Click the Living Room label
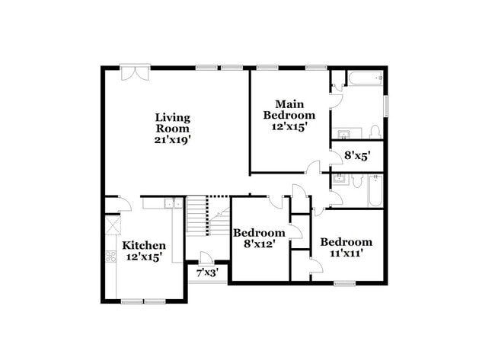click(x=172, y=123)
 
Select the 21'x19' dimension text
click(x=172, y=140)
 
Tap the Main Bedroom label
click(x=289, y=110)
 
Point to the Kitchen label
click(x=145, y=245)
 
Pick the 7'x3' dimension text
click(x=207, y=272)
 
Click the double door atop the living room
click(x=134, y=74)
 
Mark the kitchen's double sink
click(x=174, y=203)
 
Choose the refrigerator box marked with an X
click(x=112, y=225)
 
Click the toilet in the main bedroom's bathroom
click(x=374, y=132)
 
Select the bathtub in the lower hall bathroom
click(x=374, y=190)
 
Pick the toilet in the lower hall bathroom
click(x=358, y=180)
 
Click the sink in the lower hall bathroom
click(x=340, y=180)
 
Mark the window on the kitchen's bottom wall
click(x=143, y=301)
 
